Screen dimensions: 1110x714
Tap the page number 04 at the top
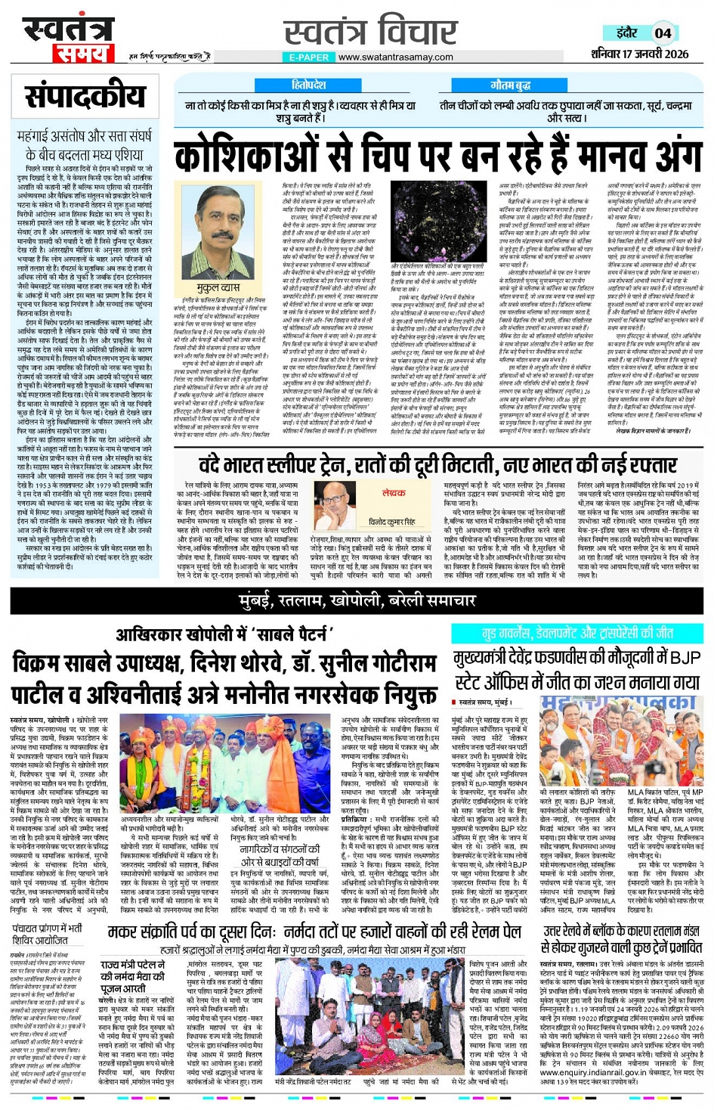click(663, 33)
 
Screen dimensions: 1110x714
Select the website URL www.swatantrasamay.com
click(395, 57)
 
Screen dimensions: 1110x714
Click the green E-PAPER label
click(309, 57)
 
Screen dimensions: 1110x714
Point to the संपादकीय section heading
click(85, 96)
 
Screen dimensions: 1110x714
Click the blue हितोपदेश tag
click(309, 85)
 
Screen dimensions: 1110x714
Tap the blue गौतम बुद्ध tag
click(511, 85)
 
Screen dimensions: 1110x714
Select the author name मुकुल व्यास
click(218, 289)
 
